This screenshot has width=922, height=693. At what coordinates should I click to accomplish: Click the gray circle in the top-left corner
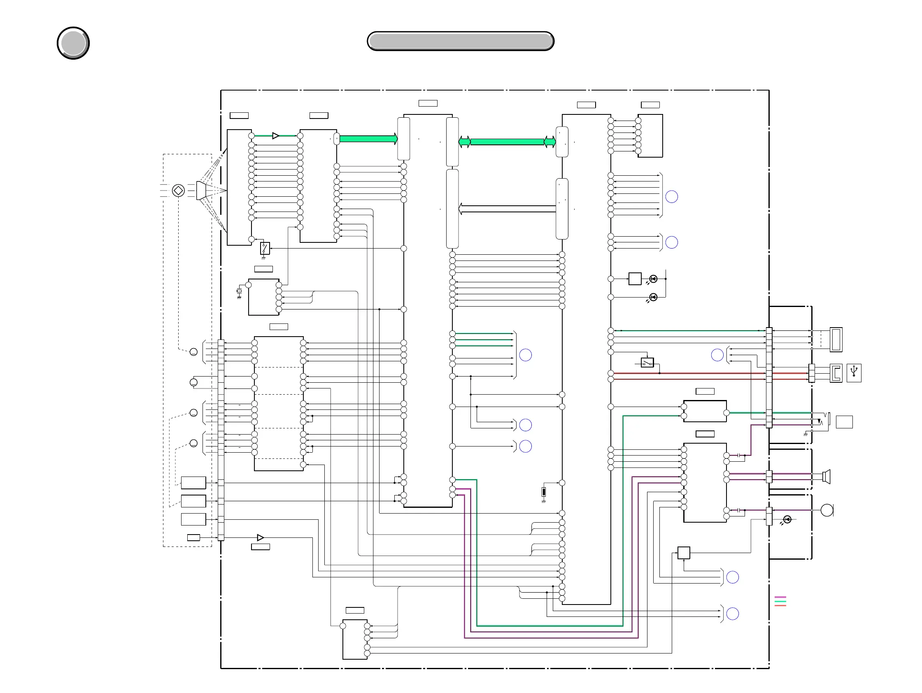coord(73,43)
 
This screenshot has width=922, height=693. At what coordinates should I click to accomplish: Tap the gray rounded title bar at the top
coord(460,41)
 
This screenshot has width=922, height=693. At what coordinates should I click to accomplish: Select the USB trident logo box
coord(854,373)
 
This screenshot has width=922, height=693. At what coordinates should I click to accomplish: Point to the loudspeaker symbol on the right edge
coord(827,476)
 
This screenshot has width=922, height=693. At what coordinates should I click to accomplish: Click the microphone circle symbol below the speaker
coord(827,510)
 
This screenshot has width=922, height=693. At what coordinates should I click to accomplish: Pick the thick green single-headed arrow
coord(368,139)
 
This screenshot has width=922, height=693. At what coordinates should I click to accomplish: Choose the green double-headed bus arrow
coord(507,142)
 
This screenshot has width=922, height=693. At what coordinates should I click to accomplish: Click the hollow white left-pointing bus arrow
coord(507,209)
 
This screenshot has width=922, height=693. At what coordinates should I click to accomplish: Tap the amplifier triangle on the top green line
coord(275,136)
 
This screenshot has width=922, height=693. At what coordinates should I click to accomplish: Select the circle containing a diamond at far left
coord(178,191)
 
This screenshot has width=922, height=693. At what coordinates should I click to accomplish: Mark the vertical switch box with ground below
coord(265,249)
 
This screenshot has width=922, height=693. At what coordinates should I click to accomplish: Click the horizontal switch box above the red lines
coord(647,363)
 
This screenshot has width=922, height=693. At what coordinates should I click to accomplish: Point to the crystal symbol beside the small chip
coord(239,291)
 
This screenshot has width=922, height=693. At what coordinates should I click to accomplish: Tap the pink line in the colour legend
coord(780,597)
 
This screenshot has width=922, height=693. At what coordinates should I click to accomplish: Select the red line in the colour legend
coord(780,605)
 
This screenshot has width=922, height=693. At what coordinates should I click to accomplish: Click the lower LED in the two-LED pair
coord(653,297)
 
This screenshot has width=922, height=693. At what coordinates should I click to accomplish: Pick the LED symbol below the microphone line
coord(787,519)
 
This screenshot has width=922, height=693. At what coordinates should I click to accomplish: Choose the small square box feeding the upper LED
coord(635,279)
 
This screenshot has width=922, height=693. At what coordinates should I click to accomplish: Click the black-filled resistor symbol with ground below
coord(544,492)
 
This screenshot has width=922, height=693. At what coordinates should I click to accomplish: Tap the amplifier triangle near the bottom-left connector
coord(261,537)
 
